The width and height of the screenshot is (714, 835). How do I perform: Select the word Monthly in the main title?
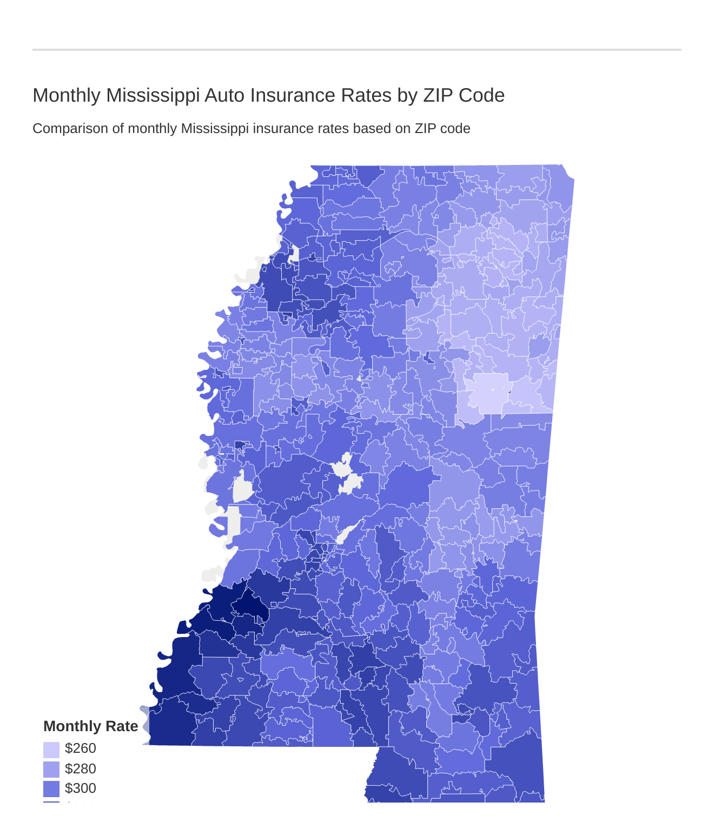[67, 95]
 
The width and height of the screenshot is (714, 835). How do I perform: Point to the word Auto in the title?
[223, 95]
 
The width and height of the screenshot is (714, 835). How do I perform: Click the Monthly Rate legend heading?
[90, 726]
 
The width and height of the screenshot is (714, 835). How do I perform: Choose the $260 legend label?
[80, 748]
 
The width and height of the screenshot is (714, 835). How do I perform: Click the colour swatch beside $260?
[51, 750]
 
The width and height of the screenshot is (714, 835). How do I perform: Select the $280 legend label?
[80, 768]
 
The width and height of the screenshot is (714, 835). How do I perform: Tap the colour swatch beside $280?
[51, 769]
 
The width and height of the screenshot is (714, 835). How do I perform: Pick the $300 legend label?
[80, 788]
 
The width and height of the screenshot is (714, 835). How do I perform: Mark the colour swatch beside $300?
[51, 788]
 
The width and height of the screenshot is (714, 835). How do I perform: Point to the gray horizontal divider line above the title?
[357, 50]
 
